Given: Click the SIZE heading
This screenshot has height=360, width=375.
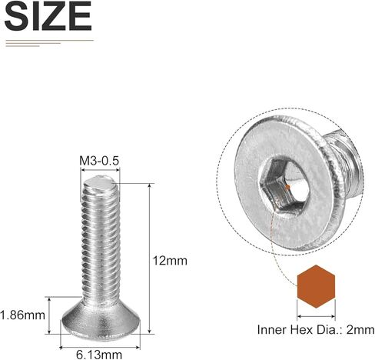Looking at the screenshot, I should point(48,16).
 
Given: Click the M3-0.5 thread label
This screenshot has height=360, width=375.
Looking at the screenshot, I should point(101,161).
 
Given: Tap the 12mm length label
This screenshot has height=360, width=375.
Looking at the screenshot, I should point(171,261).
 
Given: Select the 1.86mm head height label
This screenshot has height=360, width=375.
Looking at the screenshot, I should point(22,315).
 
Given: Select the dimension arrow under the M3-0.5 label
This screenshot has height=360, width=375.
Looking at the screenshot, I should point(101,172).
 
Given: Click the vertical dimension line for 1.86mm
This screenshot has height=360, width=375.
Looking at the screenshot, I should point(49,315).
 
